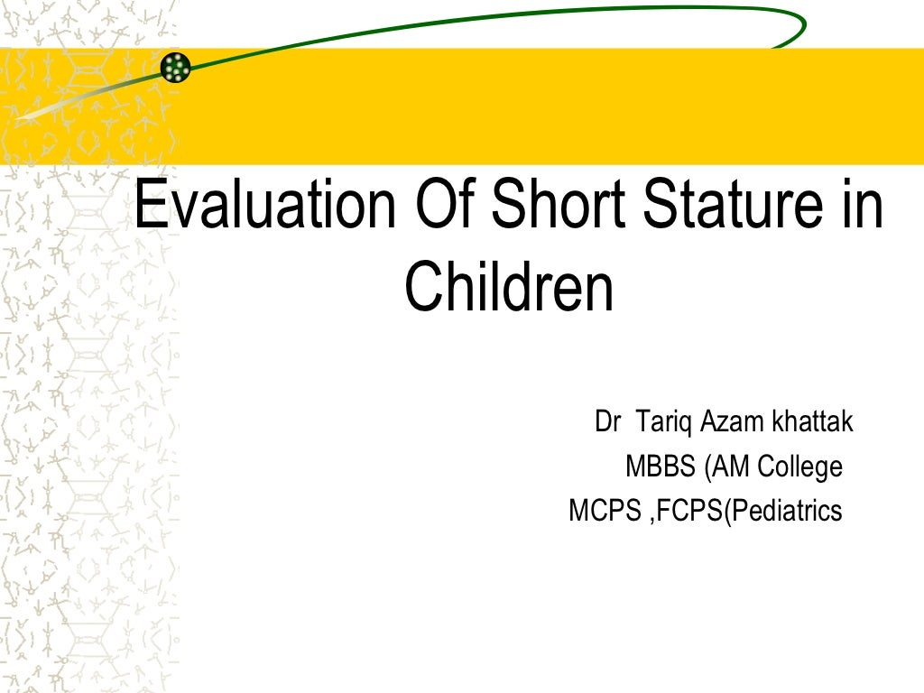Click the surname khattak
click(x=811, y=421)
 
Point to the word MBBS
click(x=661, y=467)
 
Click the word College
click(x=800, y=467)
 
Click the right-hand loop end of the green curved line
click(x=799, y=27)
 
